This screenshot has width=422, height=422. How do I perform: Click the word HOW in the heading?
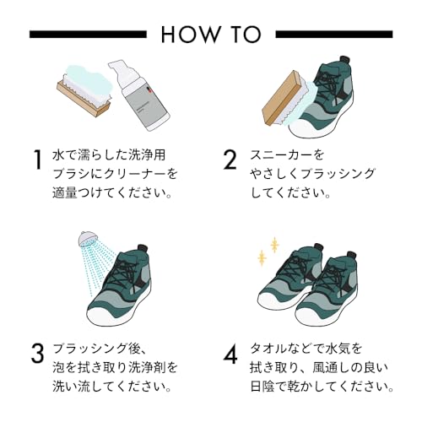pyautogui.click(x=190, y=35)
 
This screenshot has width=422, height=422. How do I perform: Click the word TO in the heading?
pyautogui.click(x=244, y=35)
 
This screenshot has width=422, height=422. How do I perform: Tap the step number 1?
pyautogui.click(x=37, y=160)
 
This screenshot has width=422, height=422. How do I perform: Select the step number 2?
pyautogui.click(x=230, y=160)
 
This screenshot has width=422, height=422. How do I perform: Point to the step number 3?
pyautogui.click(x=37, y=353)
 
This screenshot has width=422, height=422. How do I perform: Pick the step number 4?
pyautogui.click(x=230, y=353)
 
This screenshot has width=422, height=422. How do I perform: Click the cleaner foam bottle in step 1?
pyautogui.click(x=139, y=95)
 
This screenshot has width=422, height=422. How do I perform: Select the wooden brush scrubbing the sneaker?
pyautogui.click(x=284, y=99)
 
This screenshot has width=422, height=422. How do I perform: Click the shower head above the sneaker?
pyautogui.click(x=86, y=239)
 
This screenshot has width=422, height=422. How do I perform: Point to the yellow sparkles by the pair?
pyautogui.click(x=268, y=252)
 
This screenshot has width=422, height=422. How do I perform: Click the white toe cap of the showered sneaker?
pyautogui.click(x=101, y=316)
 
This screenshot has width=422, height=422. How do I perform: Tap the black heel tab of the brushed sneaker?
pyautogui.click(x=345, y=60)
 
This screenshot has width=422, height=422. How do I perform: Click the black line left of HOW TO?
pyautogui.click(x=88, y=35)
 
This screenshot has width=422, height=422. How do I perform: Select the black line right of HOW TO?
pyautogui.click(x=334, y=35)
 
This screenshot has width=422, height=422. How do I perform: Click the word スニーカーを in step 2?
pyautogui.click(x=287, y=155)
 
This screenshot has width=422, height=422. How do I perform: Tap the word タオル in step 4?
pyautogui.click(x=269, y=349)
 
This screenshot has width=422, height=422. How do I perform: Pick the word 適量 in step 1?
pyautogui.click(x=65, y=193)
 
